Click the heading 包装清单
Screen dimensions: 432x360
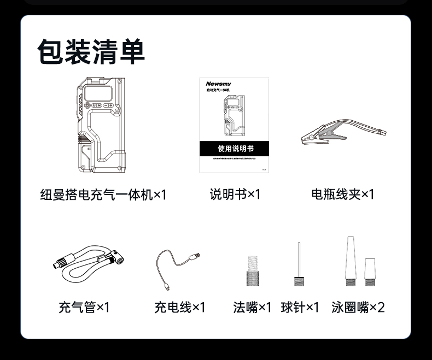coord(91,52)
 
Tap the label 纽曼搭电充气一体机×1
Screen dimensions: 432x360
coord(103,194)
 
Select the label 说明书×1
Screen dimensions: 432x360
coord(235,194)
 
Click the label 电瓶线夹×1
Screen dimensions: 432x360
coord(343,194)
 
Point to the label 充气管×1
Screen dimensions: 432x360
coord(84,308)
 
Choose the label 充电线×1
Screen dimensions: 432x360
coord(180,308)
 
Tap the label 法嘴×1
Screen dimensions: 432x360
coord(252,308)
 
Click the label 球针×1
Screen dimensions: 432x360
coord(300,308)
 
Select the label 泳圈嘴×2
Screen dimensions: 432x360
coord(358,308)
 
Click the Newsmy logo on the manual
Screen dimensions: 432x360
coord(219,84)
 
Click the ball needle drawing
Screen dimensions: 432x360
coord(299,265)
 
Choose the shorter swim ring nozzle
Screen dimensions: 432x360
coord(370,271)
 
